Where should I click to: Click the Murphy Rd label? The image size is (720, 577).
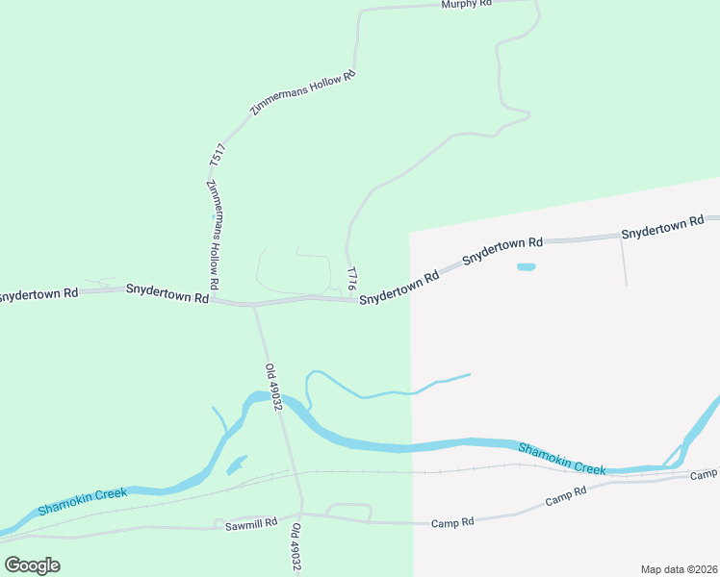(467, 5)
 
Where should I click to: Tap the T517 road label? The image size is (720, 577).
(218, 157)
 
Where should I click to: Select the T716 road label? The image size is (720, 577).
(351, 279)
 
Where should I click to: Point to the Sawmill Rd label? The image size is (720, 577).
(251, 524)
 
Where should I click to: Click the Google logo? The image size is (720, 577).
(33, 564)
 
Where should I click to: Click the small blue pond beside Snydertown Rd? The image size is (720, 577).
(526, 266)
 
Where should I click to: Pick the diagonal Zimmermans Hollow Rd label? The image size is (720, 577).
(302, 94)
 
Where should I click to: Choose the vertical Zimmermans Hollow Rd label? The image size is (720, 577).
(214, 235)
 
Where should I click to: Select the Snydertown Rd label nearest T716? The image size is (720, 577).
(399, 288)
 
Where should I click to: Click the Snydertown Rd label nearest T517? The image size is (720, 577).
(167, 293)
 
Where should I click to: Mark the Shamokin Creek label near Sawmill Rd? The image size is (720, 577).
(83, 501)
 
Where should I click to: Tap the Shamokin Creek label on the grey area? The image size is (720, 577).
(562, 459)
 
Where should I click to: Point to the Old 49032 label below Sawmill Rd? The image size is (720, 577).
(296, 546)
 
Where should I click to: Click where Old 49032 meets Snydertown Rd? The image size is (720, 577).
(253, 306)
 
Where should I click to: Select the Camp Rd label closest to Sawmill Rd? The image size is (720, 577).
(454, 522)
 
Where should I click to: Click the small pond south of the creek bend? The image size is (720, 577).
(236, 465)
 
